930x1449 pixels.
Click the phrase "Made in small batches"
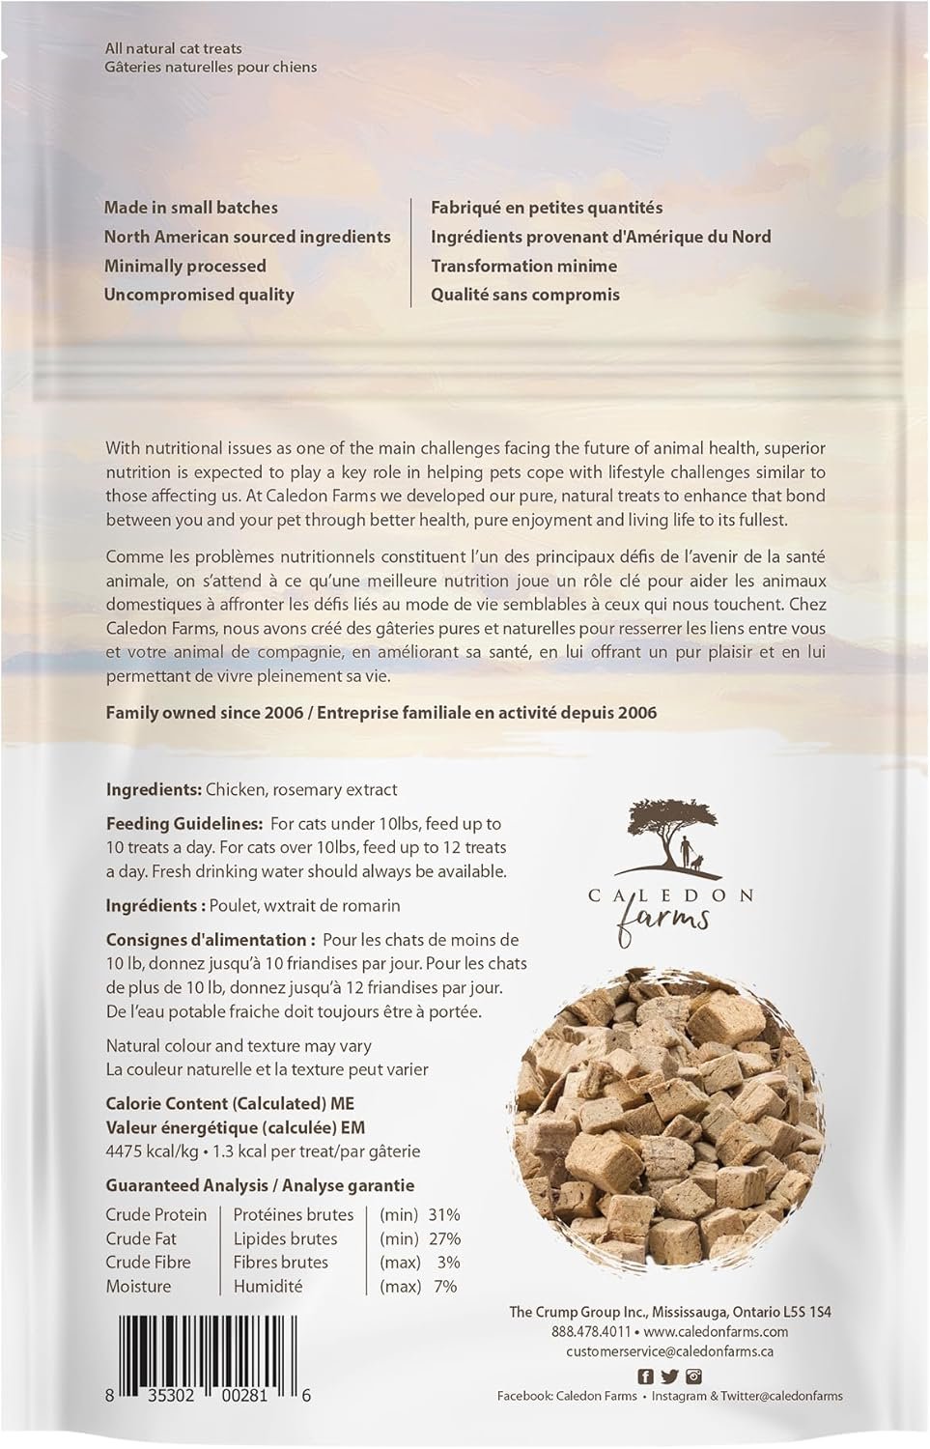tap(190, 208)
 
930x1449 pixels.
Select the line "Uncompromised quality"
tap(199, 295)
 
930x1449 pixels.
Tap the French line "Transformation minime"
tap(523, 266)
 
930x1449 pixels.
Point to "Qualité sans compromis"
tap(525, 295)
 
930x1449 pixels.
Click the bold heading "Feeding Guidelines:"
tap(183, 824)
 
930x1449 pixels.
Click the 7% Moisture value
tap(446, 1286)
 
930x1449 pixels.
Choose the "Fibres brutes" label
tap(280, 1262)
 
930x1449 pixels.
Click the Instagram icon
tap(693, 1377)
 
